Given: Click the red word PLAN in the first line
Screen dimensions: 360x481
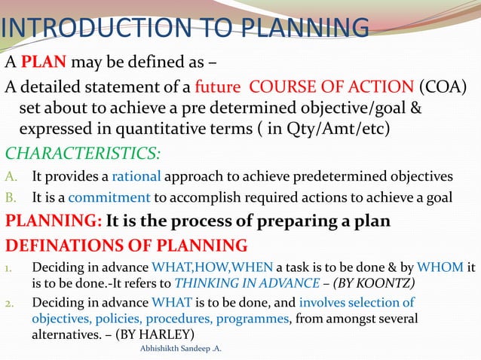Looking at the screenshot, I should (38, 61).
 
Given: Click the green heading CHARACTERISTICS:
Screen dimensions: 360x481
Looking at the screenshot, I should (83, 154).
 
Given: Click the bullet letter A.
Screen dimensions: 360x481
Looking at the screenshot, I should (11, 178).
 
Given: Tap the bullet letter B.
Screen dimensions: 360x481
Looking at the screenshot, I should (11, 199).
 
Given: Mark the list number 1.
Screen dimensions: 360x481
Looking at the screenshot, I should (10, 268).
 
